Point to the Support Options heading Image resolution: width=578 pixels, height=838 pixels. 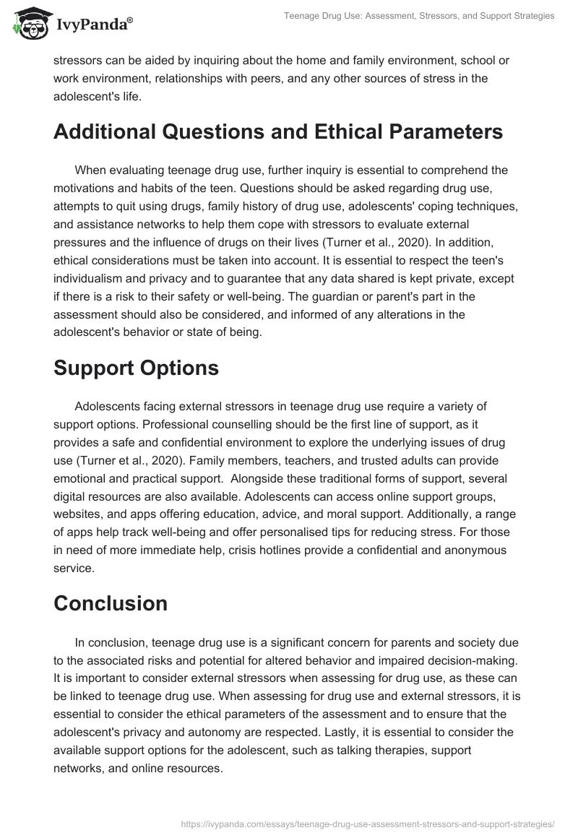click(x=136, y=367)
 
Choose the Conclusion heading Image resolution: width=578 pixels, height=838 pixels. click(x=110, y=602)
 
